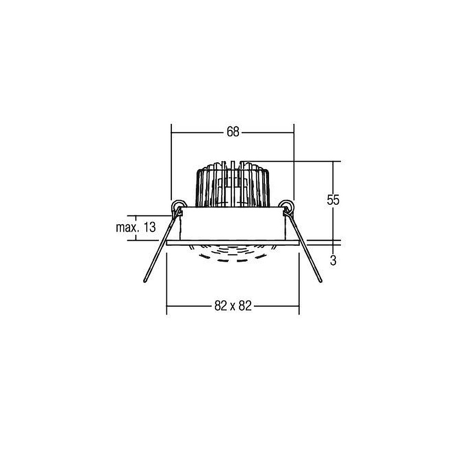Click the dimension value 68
tap(233, 132)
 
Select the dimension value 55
tap(333, 200)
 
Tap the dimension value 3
tap(333, 260)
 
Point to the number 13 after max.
tap(150, 227)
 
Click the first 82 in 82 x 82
tap(221, 306)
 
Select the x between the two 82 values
tap(233, 307)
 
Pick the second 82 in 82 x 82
tap(245, 306)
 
